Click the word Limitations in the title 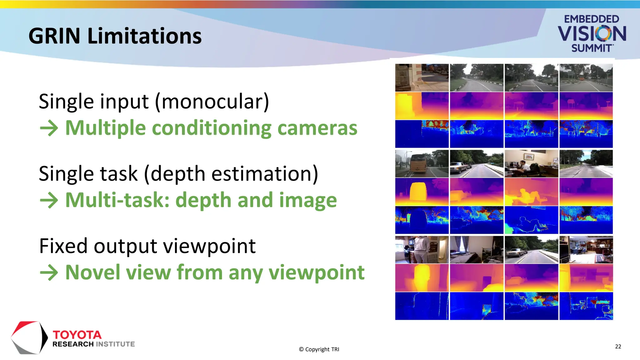point(144,36)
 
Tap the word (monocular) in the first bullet point(212,102)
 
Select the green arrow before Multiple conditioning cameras point(49,128)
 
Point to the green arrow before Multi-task point(49,200)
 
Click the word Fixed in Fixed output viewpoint point(63,246)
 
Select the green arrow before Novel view point(49,272)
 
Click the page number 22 point(618,347)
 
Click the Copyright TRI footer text point(319,349)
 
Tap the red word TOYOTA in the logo point(77,335)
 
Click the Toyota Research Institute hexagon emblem point(29,338)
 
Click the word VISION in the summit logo point(592,34)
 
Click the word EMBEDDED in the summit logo point(591,19)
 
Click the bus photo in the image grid point(422,164)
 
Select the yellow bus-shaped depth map point(422,192)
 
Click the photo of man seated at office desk point(531,164)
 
